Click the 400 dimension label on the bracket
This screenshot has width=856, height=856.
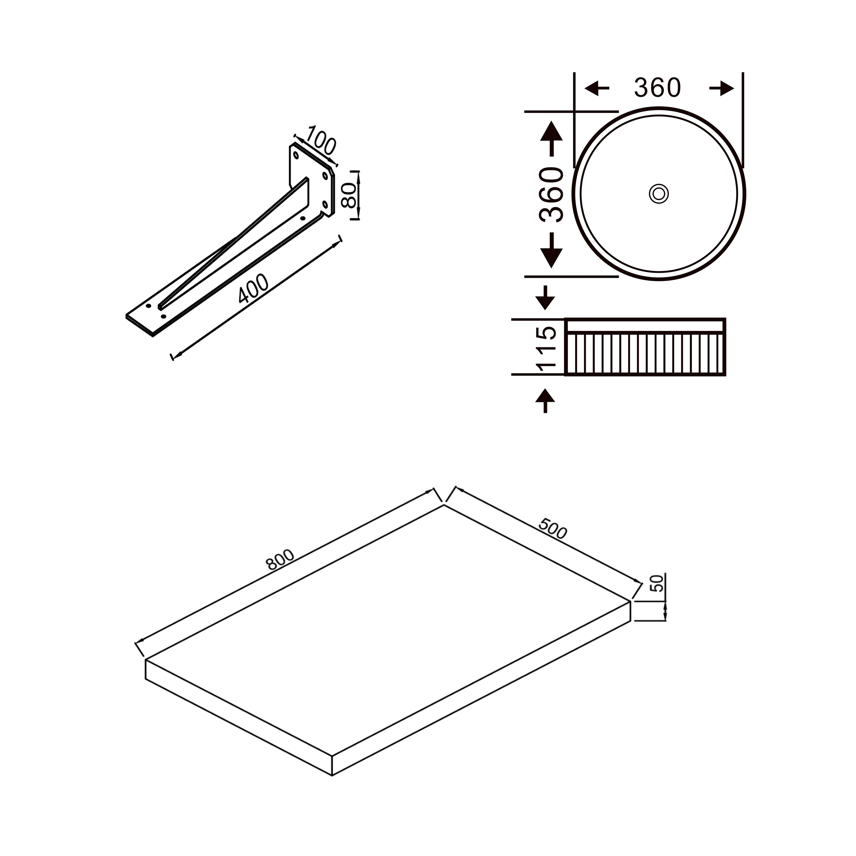[253, 288]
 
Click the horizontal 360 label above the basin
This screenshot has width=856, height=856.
[657, 88]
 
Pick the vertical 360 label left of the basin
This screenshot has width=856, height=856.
[551, 195]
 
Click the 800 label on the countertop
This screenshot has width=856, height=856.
[280, 559]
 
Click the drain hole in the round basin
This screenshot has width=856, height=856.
[659, 194]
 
